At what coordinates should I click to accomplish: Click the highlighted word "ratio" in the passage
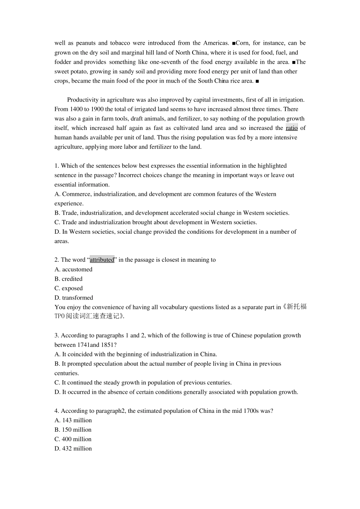click(291, 128)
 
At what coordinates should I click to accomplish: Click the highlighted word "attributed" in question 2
click(102, 260)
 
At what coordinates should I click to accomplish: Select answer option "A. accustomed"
click(74, 269)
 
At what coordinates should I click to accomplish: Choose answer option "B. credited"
click(69, 279)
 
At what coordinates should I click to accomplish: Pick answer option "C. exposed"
click(69, 288)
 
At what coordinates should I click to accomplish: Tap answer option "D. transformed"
click(74, 298)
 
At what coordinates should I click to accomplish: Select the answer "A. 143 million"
click(73, 420)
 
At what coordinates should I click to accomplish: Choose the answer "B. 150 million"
click(73, 430)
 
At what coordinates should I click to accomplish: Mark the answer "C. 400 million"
click(73, 439)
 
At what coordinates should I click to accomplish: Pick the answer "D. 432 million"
click(73, 449)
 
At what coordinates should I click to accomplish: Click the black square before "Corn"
click(234, 43)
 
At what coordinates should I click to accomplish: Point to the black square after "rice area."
click(257, 81)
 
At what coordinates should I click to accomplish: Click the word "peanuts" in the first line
click(86, 43)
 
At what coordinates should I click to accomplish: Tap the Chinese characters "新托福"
click(297, 307)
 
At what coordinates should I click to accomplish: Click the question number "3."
click(57, 336)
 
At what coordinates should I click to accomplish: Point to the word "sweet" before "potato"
click(61, 72)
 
